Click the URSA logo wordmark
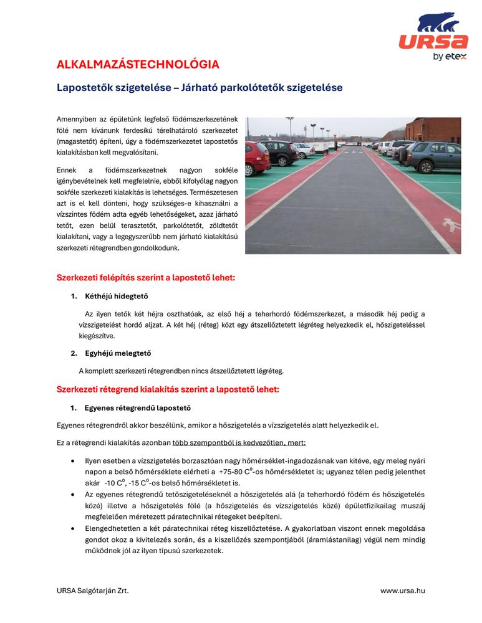click(433, 42)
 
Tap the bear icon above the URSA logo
click(438, 22)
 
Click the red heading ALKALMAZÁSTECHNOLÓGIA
click(138, 65)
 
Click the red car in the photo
click(256, 158)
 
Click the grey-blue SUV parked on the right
click(432, 156)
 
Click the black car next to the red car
click(280, 151)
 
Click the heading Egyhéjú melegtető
click(118, 353)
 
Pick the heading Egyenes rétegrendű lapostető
click(137, 408)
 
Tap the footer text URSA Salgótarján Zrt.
click(92, 591)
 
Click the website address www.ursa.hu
click(403, 591)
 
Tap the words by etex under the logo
click(446, 57)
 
